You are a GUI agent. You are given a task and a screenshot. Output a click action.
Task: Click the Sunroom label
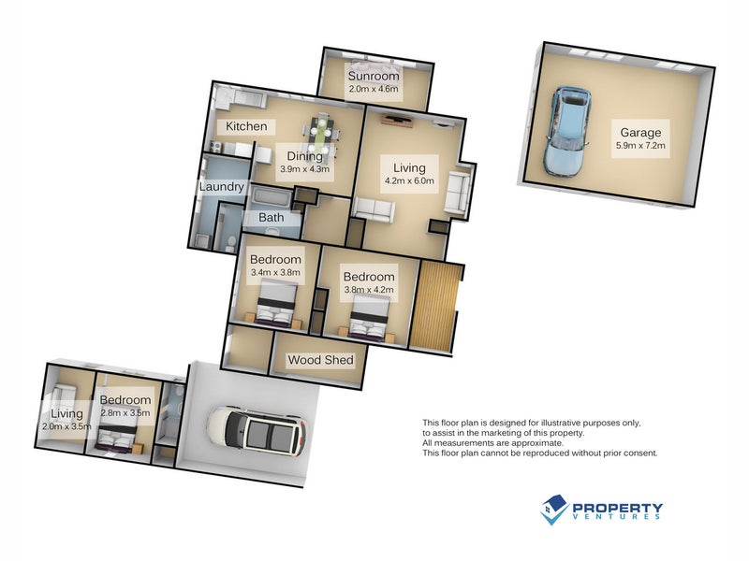tap(374, 76)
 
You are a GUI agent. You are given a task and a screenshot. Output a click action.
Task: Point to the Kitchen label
tap(246, 126)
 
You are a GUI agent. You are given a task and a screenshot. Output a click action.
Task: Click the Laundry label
tap(222, 187)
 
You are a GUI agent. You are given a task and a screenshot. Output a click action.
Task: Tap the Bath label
tap(272, 218)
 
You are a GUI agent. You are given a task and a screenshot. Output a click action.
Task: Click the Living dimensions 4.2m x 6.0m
tap(408, 181)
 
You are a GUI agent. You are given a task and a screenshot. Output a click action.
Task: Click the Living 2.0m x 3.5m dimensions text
tap(66, 426)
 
